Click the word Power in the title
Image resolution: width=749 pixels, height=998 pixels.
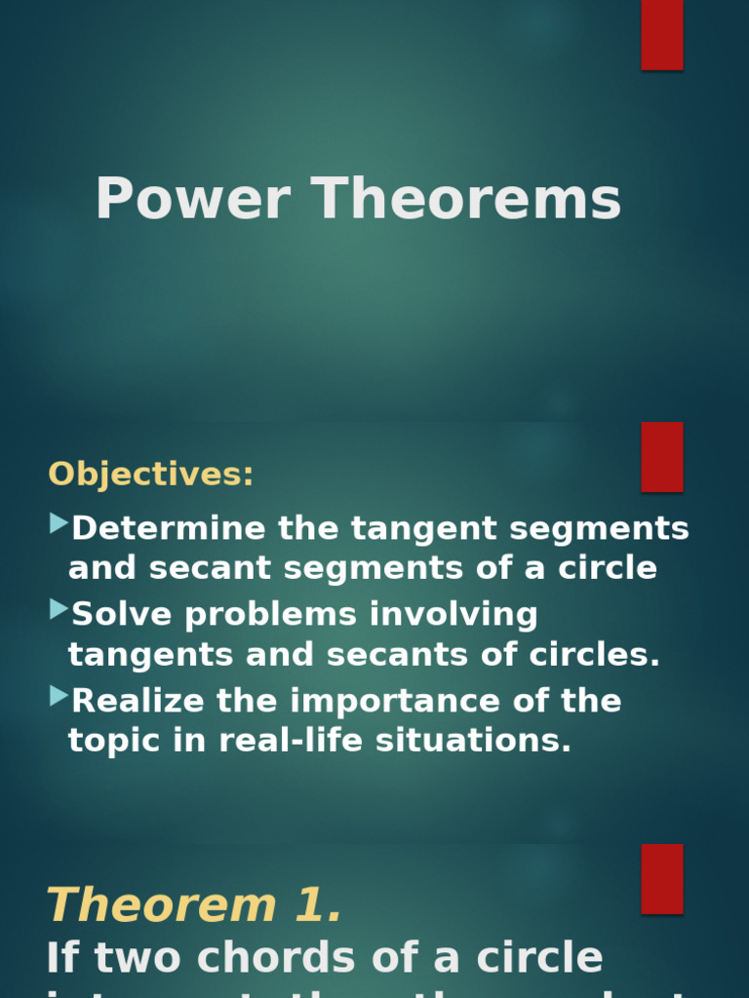coord(192,199)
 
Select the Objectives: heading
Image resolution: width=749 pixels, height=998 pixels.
coord(150,475)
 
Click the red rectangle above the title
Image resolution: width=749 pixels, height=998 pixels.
coord(661,34)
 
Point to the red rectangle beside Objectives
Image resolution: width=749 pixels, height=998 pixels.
coord(661,456)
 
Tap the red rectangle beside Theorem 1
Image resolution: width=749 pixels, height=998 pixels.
coord(661,878)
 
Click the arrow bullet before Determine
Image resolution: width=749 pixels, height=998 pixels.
coord(59,524)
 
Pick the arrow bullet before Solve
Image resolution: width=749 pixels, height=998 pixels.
coord(59,610)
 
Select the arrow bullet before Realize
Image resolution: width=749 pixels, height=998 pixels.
coord(59,696)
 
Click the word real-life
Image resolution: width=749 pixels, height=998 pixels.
coord(286,741)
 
